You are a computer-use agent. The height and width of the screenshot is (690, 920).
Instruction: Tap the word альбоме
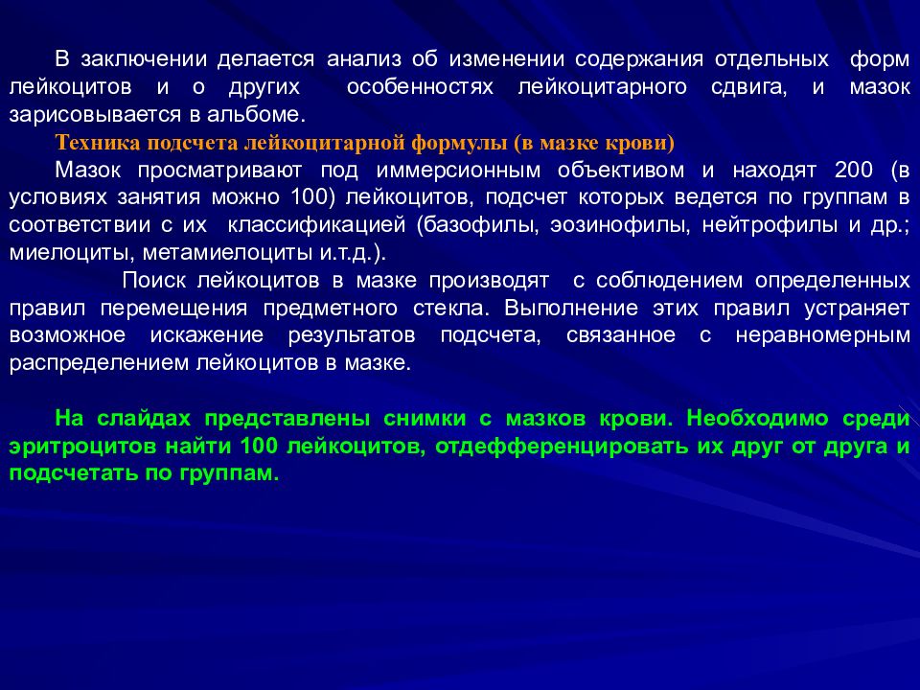coord(264,116)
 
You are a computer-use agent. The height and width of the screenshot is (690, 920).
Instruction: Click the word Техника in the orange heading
coord(96,144)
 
